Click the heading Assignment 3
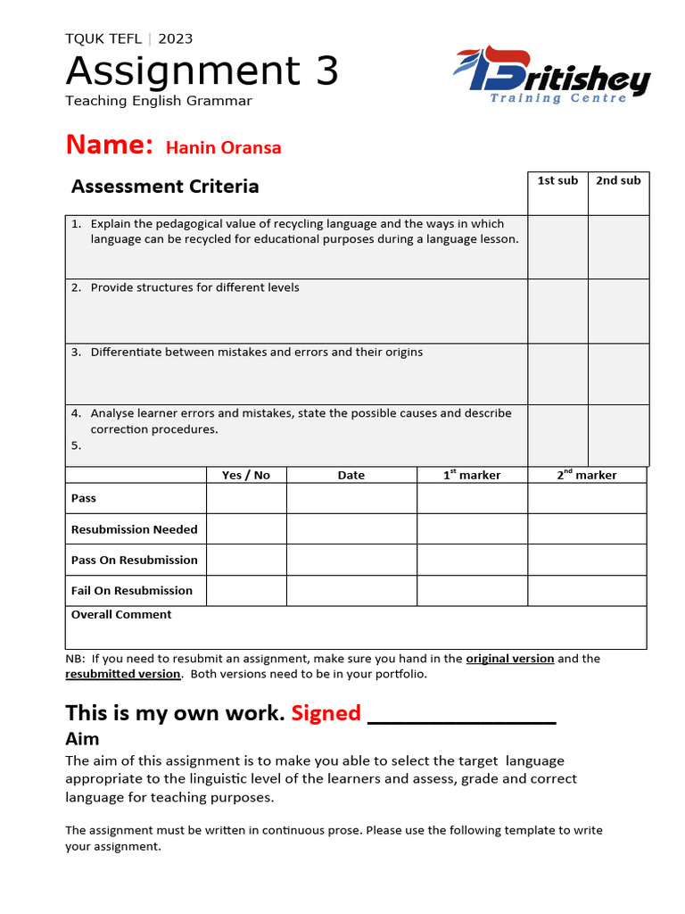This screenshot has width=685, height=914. [202, 71]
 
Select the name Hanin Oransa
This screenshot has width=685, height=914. [224, 148]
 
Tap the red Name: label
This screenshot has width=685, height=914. [110, 145]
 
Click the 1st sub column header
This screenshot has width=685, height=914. [557, 181]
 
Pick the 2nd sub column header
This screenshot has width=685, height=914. [618, 181]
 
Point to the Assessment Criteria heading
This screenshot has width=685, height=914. [165, 187]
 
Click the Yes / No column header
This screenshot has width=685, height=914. [246, 475]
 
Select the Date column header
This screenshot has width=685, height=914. [351, 475]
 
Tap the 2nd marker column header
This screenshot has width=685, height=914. [587, 475]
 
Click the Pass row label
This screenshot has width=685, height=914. [84, 498]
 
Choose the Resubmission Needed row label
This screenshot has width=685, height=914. [135, 529]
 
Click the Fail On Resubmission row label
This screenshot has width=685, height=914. [132, 591]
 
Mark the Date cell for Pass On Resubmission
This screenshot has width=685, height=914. [351, 560]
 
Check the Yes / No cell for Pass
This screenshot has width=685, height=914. [246, 498]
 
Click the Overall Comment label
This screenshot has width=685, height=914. [121, 615]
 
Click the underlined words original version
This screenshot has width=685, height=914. [510, 659]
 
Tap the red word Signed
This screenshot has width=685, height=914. [326, 713]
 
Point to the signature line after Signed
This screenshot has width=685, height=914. [462, 717]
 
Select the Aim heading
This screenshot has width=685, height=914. [82, 739]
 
